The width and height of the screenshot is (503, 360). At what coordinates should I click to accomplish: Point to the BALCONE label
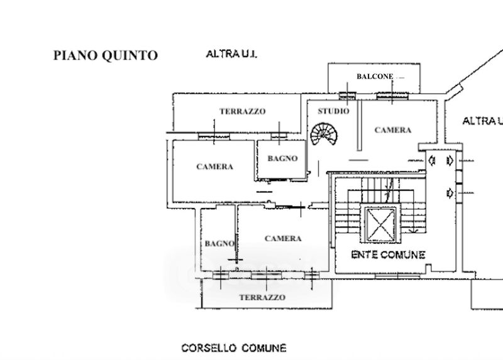375,76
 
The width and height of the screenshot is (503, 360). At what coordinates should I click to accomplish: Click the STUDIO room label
333,111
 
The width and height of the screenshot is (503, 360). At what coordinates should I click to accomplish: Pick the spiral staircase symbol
324,133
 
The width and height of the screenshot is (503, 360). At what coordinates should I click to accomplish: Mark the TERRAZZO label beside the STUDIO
242,111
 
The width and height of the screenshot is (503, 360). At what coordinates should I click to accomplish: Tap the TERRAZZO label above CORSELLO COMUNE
262,297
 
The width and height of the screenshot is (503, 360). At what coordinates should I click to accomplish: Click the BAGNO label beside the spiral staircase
282,158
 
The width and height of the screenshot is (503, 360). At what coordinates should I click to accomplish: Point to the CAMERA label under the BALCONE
392,130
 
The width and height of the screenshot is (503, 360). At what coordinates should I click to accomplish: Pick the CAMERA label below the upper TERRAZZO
214,166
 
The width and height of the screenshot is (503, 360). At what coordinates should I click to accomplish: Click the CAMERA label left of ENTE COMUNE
283,239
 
